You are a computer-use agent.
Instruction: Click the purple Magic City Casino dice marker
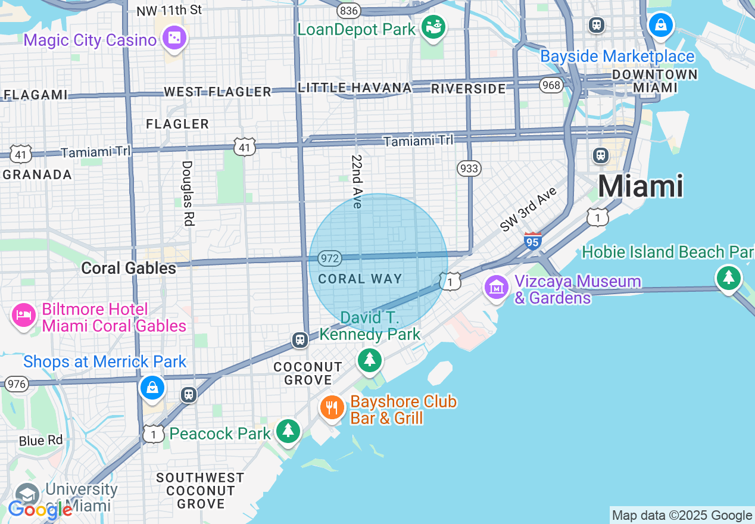(174, 39)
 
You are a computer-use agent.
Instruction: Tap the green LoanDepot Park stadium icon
(433, 27)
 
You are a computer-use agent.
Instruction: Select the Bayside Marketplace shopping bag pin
(660, 26)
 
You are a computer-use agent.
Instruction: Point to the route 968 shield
(551, 85)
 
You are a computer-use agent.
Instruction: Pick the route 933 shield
(469, 169)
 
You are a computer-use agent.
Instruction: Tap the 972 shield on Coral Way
(329, 258)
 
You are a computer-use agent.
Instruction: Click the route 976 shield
(17, 384)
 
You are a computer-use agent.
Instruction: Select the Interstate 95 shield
(533, 241)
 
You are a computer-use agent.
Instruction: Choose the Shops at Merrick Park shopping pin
(152, 388)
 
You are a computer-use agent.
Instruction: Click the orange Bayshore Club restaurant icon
(332, 408)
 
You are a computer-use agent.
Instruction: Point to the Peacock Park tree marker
(289, 431)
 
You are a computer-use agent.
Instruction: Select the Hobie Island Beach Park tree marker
(728, 278)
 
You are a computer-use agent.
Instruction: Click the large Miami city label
(640, 186)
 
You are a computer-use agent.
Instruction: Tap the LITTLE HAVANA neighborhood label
(355, 88)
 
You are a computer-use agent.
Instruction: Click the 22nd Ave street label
(357, 182)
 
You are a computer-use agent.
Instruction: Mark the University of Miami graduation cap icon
(27, 495)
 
